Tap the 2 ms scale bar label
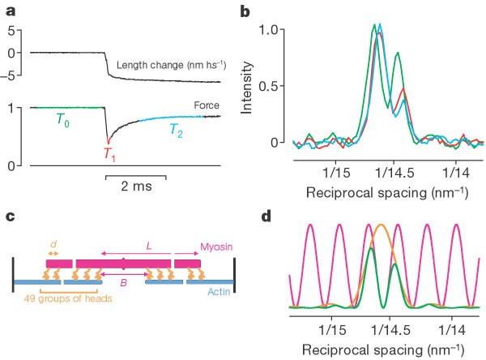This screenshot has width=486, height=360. click(x=135, y=185)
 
